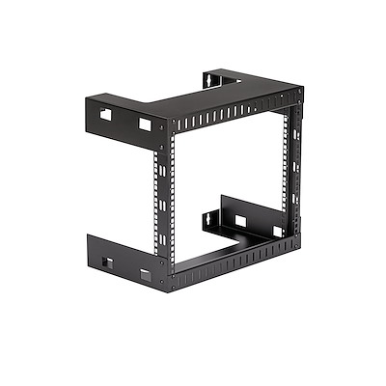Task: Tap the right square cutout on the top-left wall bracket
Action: pyautogui.click(x=144, y=124)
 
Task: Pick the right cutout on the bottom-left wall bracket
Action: pyautogui.click(x=145, y=275)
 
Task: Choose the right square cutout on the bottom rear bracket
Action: pyautogui.click(x=277, y=231)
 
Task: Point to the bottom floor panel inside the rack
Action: pyautogui.click(x=241, y=246)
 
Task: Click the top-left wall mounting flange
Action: pyautogui.click(x=121, y=117)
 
